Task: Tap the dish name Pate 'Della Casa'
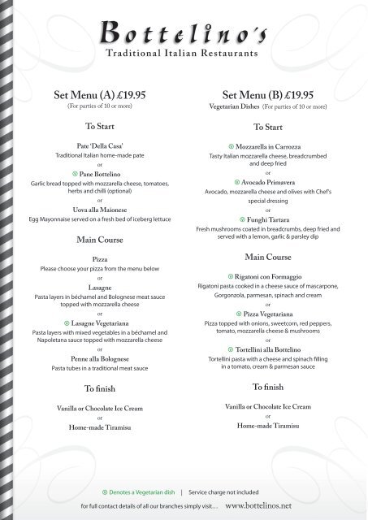(x=98, y=145)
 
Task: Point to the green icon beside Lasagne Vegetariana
(x=65, y=323)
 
